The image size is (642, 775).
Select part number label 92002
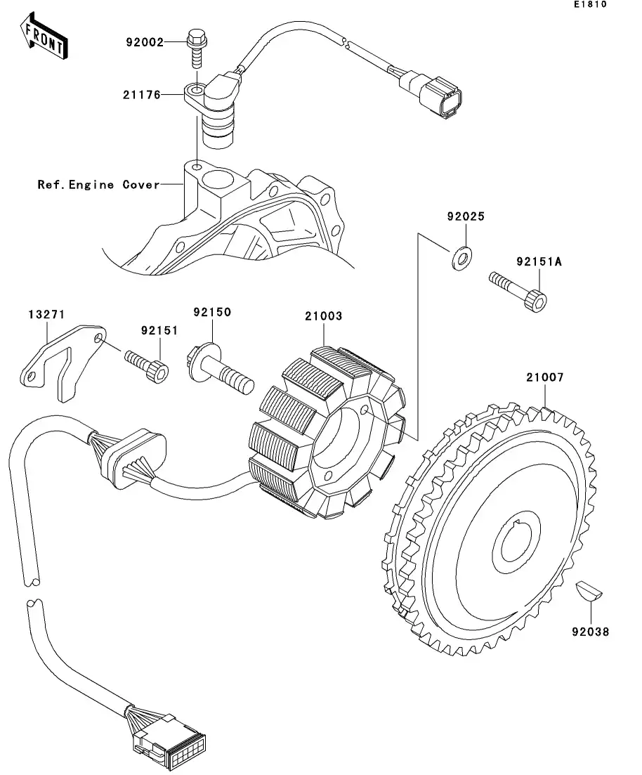click(144, 42)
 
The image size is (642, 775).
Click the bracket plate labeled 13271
click(61, 360)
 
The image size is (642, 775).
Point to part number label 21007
click(544, 377)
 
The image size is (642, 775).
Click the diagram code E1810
click(589, 5)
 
